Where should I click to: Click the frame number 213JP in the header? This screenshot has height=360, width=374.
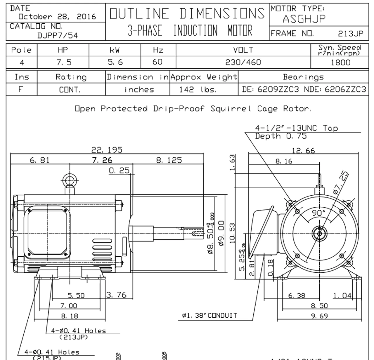tap(351, 34)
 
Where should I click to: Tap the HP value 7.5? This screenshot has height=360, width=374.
tap(63, 62)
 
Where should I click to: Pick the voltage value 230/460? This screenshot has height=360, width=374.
tap(243, 62)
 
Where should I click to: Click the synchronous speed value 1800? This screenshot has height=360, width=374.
tap(340, 62)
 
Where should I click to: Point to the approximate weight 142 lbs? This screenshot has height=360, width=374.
tap(198, 90)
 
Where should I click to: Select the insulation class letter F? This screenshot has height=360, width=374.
tap(21, 89)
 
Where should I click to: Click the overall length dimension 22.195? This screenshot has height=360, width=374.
tap(107, 150)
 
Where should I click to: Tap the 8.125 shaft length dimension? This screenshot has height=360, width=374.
tap(169, 160)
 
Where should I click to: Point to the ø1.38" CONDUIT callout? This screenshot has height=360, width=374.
tap(209, 316)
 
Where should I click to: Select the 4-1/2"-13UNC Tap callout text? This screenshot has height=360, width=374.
tap(296, 128)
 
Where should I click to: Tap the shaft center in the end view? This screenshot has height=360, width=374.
tap(319, 233)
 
